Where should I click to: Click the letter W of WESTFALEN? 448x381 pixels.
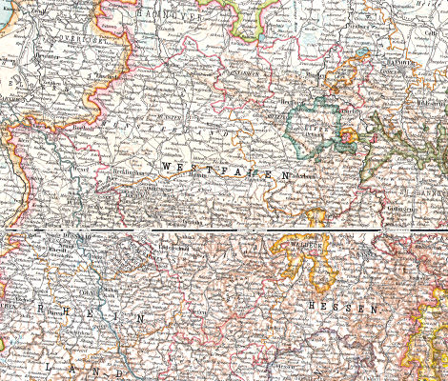(168, 167)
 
